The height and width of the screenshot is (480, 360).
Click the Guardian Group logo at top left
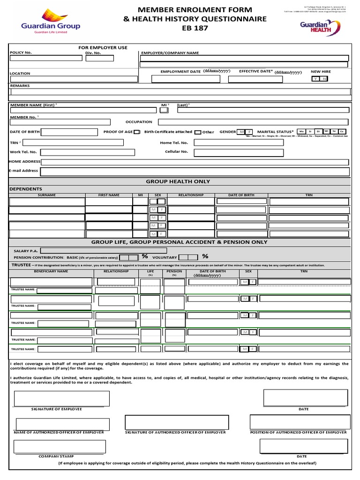tap(50, 21)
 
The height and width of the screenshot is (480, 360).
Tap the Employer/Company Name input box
tap(244, 59)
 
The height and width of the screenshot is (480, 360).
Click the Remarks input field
tap(180, 92)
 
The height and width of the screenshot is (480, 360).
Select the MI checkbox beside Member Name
tap(164, 110)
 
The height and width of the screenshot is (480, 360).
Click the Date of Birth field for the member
tap(69, 132)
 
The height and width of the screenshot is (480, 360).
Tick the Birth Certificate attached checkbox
tap(137, 132)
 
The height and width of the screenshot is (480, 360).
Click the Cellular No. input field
tap(239, 152)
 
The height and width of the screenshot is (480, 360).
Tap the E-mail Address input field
tap(195, 172)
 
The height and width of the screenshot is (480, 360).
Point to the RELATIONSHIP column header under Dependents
tap(191, 195)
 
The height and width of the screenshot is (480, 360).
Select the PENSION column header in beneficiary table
tap(174, 271)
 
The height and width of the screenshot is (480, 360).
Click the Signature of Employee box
tap(62, 398)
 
